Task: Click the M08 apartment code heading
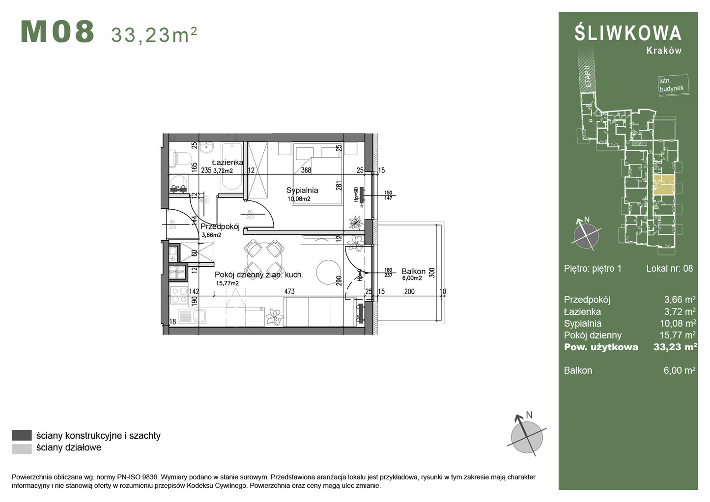pyautogui.click(x=57, y=32)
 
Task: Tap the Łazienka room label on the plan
pyautogui.click(x=227, y=163)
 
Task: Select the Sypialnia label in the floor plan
pyautogui.click(x=302, y=190)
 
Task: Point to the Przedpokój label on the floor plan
pyautogui.click(x=220, y=227)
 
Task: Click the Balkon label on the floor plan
pyautogui.click(x=413, y=271)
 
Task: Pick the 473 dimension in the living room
pyautogui.click(x=289, y=291)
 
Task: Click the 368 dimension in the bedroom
pyautogui.click(x=306, y=170)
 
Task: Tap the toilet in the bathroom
pyautogui.click(x=182, y=158)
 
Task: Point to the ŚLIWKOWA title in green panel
pyautogui.click(x=628, y=33)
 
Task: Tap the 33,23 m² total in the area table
pyautogui.click(x=675, y=347)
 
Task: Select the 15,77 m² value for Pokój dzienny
pyautogui.click(x=677, y=335)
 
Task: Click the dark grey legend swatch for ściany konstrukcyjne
pyautogui.click(x=22, y=435)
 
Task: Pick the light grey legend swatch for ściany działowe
pyautogui.click(x=22, y=448)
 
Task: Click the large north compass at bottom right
pyautogui.click(x=526, y=436)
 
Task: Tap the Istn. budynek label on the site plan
pyautogui.click(x=672, y=85)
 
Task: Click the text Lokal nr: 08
pyautogui.click(x=669, y=268)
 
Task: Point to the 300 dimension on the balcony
pyautogui.click(x=432, y=273)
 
